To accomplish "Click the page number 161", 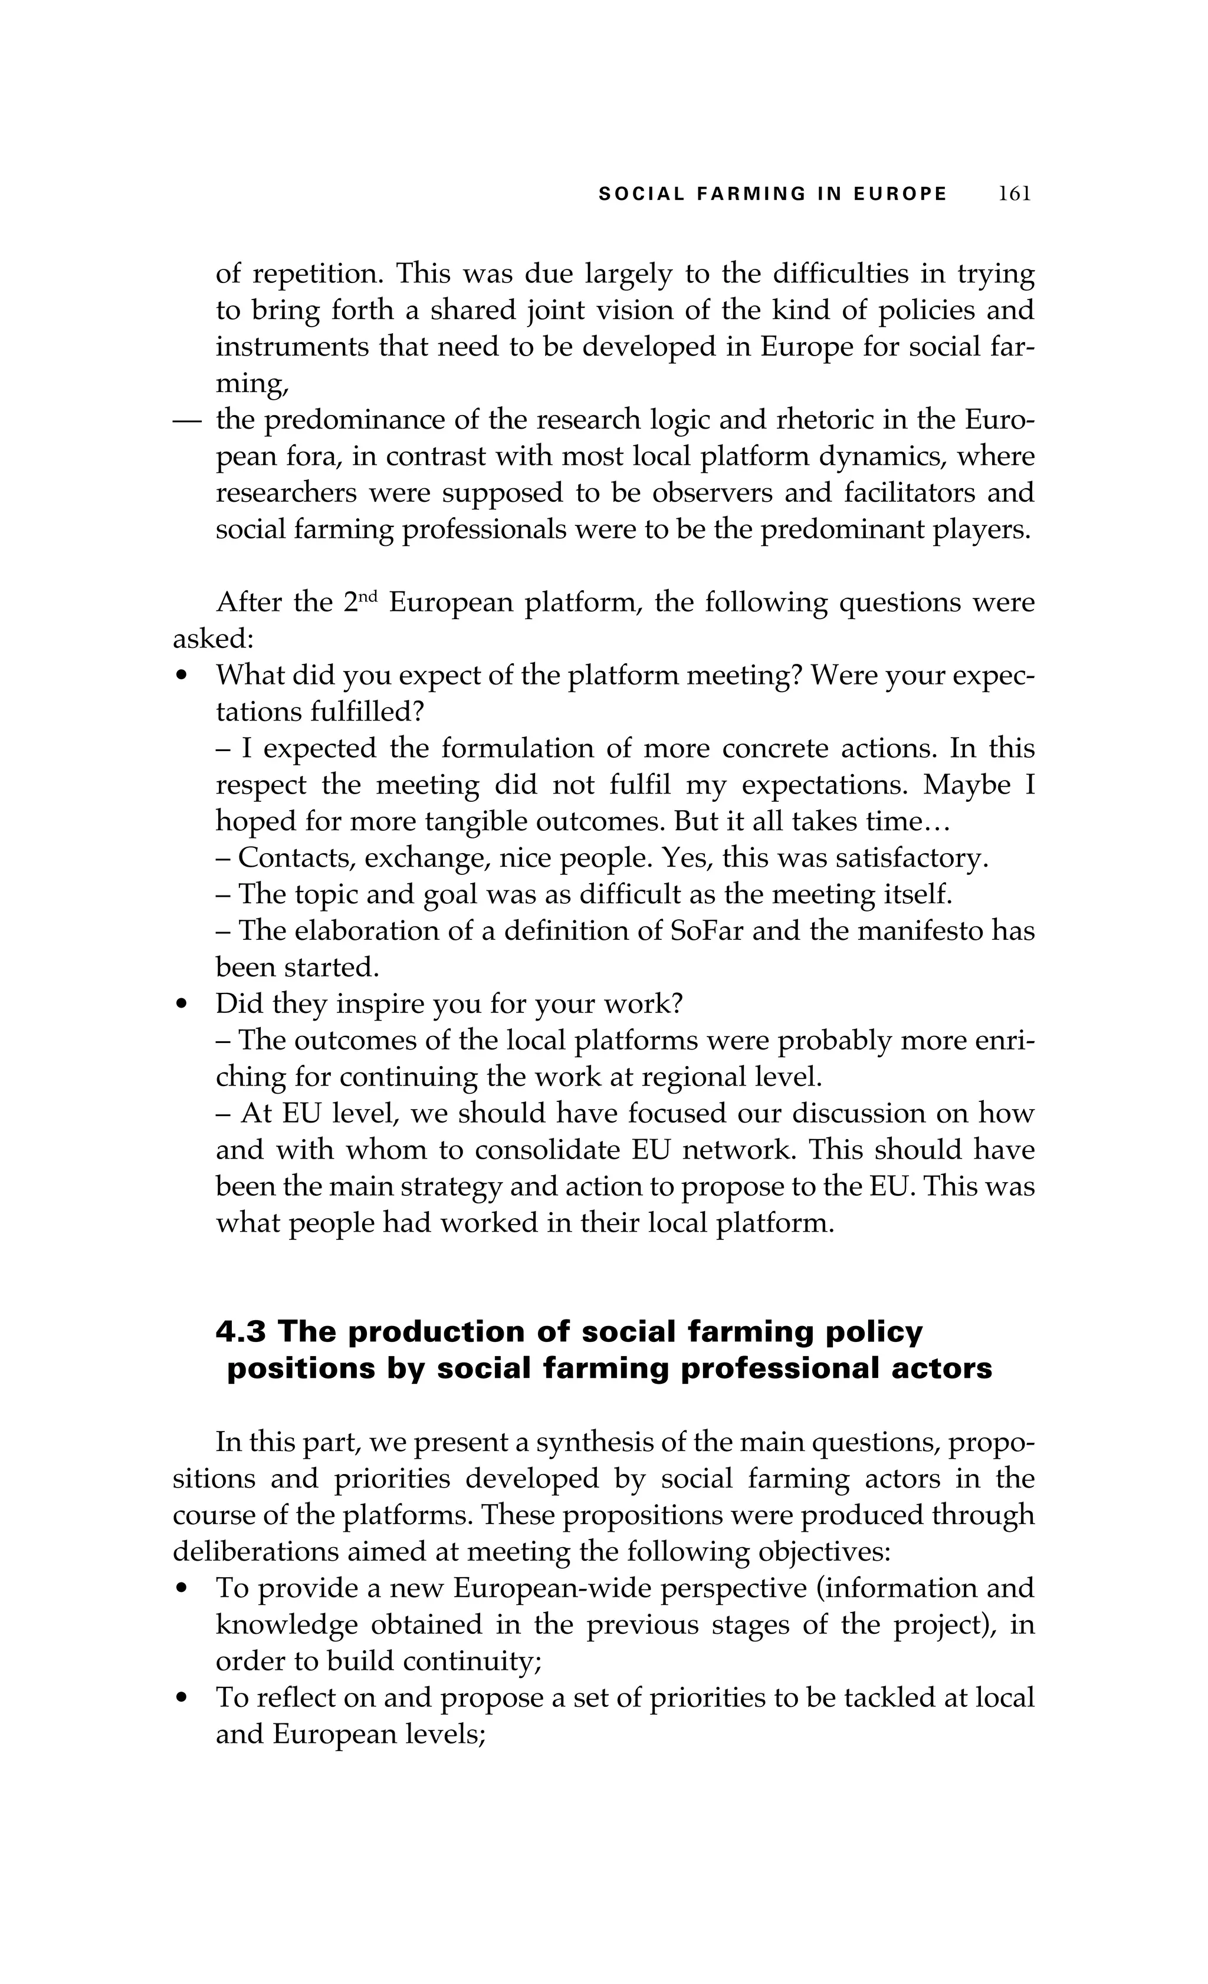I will click(1014, 194).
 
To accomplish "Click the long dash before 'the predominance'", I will click(186, 420).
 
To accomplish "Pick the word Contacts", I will click(297, 858).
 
